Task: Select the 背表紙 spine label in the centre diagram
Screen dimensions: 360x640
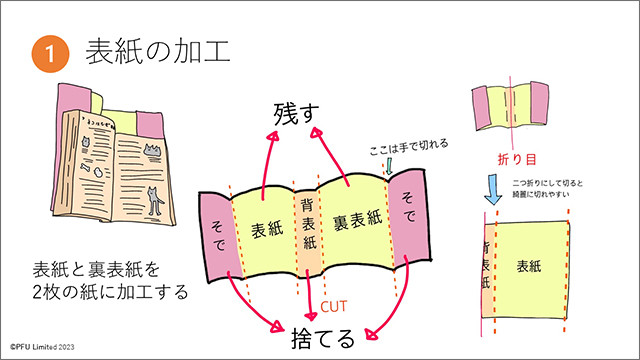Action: coord(307,222)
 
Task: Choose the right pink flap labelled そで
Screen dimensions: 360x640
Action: coord(409,213)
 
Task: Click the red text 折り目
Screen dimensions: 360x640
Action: coord(516,159)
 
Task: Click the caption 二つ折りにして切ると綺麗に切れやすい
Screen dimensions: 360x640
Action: coord(552,189)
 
